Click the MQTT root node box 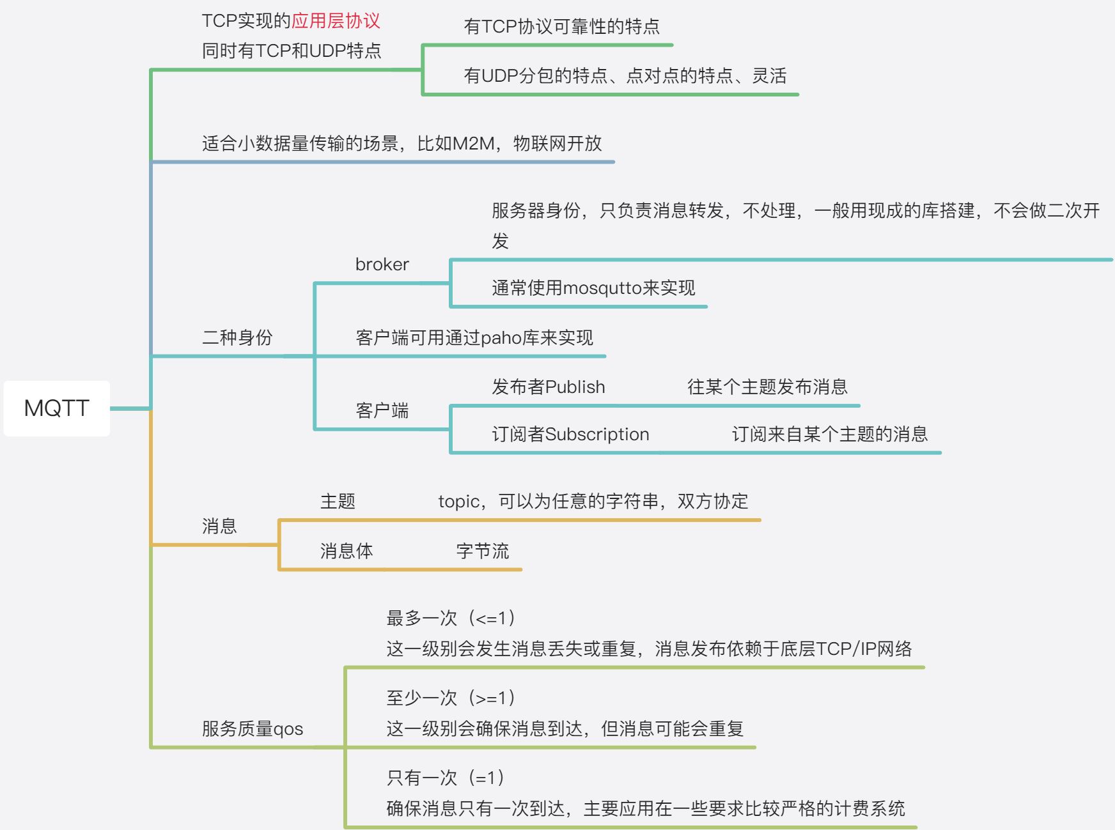[x=56, y=408]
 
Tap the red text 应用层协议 [x=336, y=21]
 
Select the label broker [x=382, y=265]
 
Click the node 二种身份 [x=237, y=337]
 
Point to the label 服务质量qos [x=253, y=729]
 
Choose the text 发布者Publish [x=548, y=387]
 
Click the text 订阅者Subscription [x=570, y=434]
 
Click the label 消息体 [x=347, y=551]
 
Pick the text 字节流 [x=483, y=551]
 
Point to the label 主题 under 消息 [x=338, y=502]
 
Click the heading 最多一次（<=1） [x=451, y=619]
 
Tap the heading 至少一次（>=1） [x=451, y=698]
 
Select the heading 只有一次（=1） [x=446, y=778]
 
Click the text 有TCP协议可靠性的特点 [x=561, y=27]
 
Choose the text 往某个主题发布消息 [x=767, y=387]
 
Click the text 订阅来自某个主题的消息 [x=829, y=434]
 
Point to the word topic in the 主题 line [x=458, y=502]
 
